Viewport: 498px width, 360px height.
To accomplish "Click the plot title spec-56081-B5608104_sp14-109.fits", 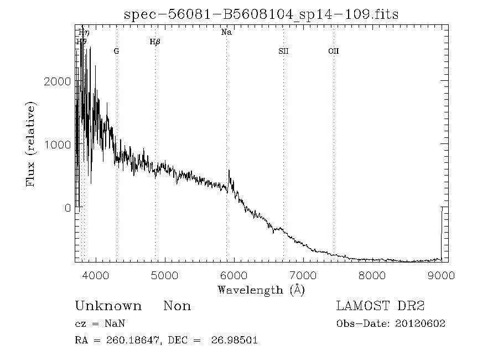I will (261, 15).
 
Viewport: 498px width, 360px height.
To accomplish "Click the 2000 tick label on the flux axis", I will (56, 81).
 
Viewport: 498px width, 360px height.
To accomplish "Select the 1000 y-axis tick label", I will (56, 145).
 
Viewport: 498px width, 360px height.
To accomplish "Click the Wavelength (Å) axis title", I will (261, 290).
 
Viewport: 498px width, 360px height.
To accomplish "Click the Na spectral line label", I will (226, 33).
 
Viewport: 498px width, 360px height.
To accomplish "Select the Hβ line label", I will (155, 42).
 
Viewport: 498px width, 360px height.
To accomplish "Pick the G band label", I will (116, 52).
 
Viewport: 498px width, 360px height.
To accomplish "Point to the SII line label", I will (283, 52).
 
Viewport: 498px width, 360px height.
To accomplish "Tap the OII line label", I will (333, 52).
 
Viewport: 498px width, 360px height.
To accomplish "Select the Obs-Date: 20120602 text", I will (391, 324).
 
